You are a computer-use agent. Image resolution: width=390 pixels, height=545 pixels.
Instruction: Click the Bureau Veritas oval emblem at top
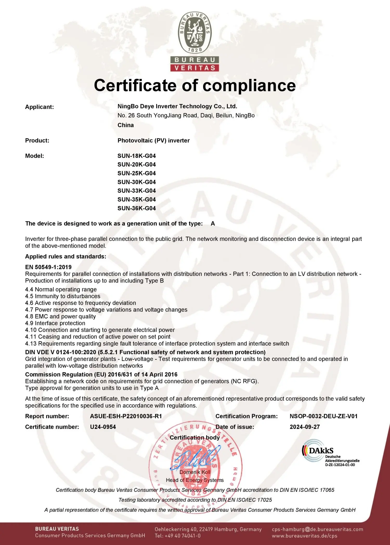point(195,33)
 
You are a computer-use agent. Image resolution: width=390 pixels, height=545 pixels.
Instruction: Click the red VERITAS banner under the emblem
point(195,68)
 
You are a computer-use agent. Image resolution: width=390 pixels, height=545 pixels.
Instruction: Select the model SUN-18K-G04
point(136,156)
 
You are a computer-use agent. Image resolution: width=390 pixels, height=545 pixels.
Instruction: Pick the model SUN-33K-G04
point(136,191)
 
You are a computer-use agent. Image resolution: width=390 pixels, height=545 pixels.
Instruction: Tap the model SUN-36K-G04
point(136,208)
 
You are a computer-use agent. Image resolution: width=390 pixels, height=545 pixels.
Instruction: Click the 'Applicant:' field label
point(40,107)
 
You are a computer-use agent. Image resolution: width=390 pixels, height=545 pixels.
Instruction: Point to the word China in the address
point(126,125)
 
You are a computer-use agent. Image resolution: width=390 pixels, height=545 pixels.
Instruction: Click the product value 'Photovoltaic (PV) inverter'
point(153,140)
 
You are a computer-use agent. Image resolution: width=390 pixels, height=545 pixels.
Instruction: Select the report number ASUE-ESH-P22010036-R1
point(126,416)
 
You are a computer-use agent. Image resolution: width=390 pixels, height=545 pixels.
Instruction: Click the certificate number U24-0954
point(103,427)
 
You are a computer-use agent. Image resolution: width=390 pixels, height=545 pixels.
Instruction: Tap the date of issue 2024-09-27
point(305,427)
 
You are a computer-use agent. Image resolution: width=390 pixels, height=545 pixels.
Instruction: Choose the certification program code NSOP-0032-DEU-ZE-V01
point(324,416)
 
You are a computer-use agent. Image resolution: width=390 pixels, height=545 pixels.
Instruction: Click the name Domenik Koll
point(195,472)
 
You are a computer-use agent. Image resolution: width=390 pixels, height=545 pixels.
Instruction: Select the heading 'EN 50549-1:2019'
point(48,267)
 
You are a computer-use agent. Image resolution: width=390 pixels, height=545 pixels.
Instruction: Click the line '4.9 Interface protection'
point(55,323)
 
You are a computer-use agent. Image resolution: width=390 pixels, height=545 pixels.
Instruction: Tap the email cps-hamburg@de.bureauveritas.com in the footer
point(317,529)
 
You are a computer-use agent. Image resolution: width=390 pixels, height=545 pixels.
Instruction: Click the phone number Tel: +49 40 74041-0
point(178,536)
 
